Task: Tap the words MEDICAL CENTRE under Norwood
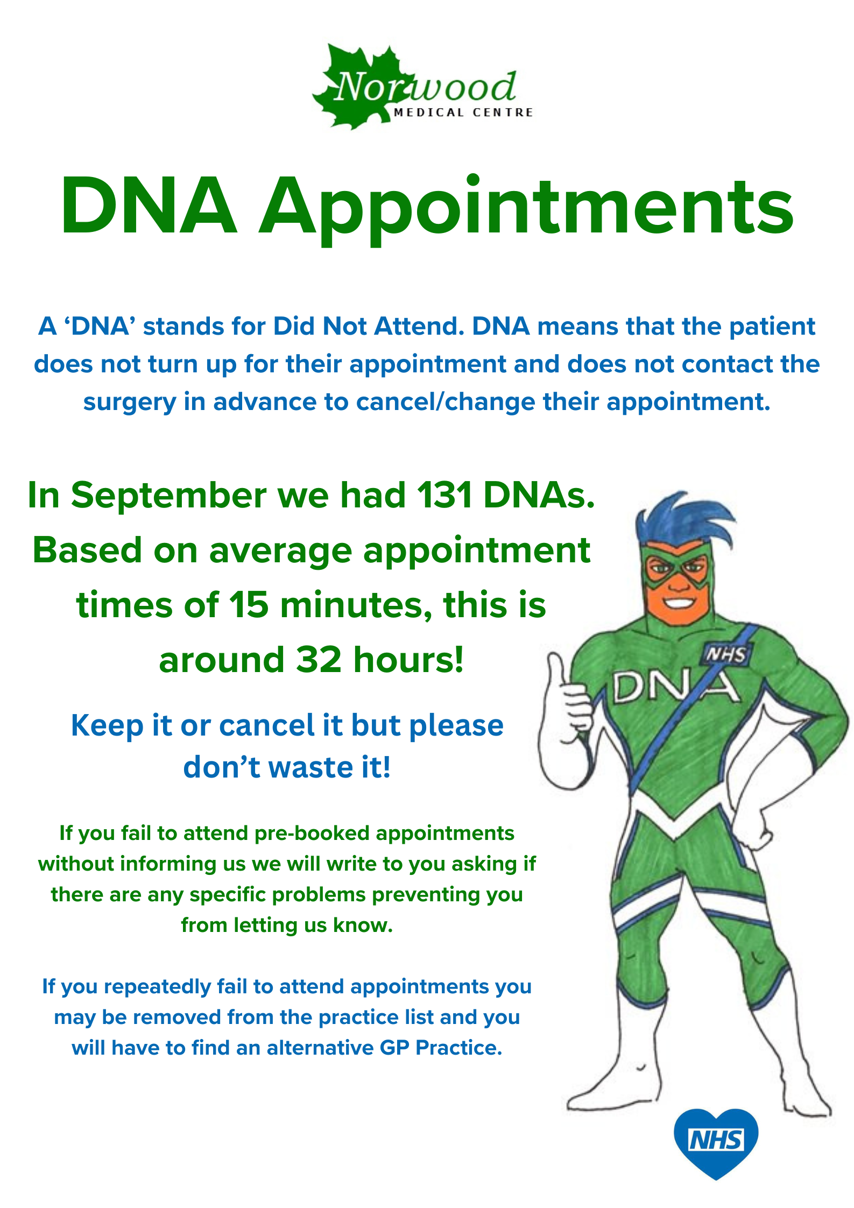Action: pyautogui.click(x=463, y=112)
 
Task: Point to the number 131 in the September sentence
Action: pyautogui.click(x=444, y=495)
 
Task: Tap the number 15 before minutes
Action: pyautogui.click(x=249, y=605)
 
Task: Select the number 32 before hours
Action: pyautogui.click(x=319, y=660)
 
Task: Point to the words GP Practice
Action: pyautogui.click(x=441, y=1048)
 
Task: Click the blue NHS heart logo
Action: pyautogui.click(x=716, y=1142)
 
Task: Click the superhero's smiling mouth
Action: pyautogui.click(x=679, y=602)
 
